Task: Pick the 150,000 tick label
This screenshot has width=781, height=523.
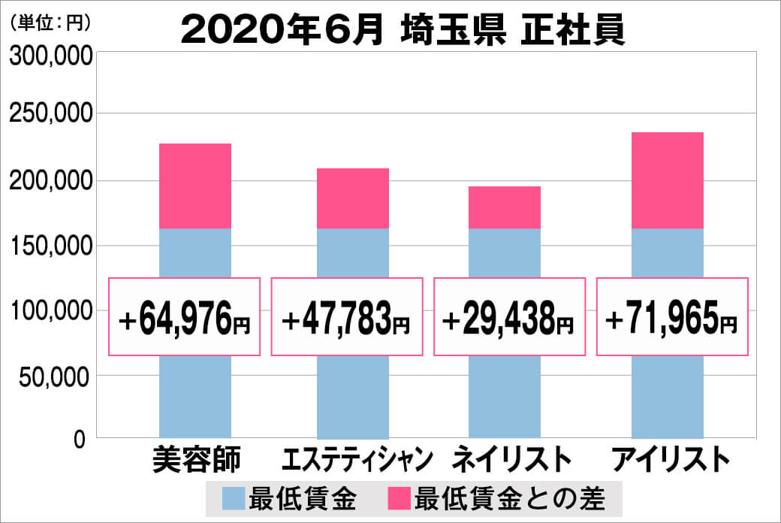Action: pyautogui.click(x=50, y=246)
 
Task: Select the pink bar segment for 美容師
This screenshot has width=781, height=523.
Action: pyautogui.click(x=195, y=186)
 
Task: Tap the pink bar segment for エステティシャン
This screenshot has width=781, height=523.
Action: pyautogui.click(x=353, y=198)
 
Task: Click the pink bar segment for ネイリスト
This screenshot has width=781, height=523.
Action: pyautogui.click(x=505, y=207)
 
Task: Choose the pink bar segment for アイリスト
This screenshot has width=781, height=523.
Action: pyautogui.click(x=668, y=180)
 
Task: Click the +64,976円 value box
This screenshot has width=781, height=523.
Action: pyautogui.click(x=185, y=317)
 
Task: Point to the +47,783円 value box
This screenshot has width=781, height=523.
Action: pyautogui.click(x=346, y=317)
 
